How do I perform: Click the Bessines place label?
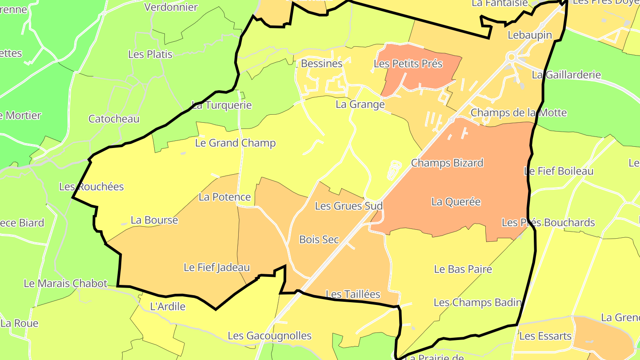[x=321, y=64]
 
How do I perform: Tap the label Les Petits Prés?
[x=408, y=64]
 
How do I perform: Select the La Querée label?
[x=456, y=202]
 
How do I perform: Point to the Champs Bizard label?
[x=447, y=163]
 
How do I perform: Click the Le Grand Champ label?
[x=235, y=143]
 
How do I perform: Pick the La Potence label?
[x=224, y=197]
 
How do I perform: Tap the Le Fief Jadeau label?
[x=217, y=268]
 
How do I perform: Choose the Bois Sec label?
[x=319, y=240]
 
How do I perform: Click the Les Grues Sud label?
[x=348, y=206]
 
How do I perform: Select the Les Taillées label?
[x=353, y=294]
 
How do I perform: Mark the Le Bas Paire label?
[x=463, y=269]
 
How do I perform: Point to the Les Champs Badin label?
[x=477, y=303]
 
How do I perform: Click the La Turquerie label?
[x=221, y=105]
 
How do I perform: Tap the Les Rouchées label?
[x=92, y=187]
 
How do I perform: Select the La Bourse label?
[x=154, y=220]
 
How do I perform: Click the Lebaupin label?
[x=530, y=35]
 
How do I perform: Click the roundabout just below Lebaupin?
[x=511, y=57]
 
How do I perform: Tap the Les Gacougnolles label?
[x=269, y=336]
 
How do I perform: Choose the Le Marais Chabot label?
[x=65, y=284]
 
